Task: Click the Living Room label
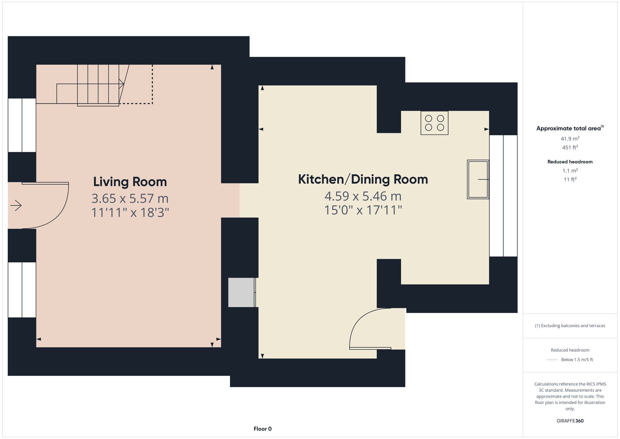[x=130, y=182]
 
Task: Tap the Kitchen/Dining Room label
[x=363, y=179]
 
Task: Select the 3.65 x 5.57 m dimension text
[x=130, y=198]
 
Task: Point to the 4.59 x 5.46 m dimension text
[x=363, y=196]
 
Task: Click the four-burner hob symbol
[x=434, y=123]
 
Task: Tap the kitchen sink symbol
[x=478, y=179]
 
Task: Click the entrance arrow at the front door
[x=16, y=205]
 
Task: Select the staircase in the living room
[x=93, y=84]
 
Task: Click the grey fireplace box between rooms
[x=241, y=292]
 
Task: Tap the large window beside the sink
[x=503, y=196]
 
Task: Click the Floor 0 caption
[x=263, y=429]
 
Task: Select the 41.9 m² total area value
[x=570, y=139]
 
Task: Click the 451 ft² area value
[x=570, y=147]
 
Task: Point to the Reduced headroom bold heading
[x=570, y=162]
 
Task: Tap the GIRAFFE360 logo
[x=570, y=421]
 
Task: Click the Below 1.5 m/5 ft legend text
[x=577, y=360]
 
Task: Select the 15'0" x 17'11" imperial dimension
[x=363, y=210]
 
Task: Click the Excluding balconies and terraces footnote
[x=570, y=326]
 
